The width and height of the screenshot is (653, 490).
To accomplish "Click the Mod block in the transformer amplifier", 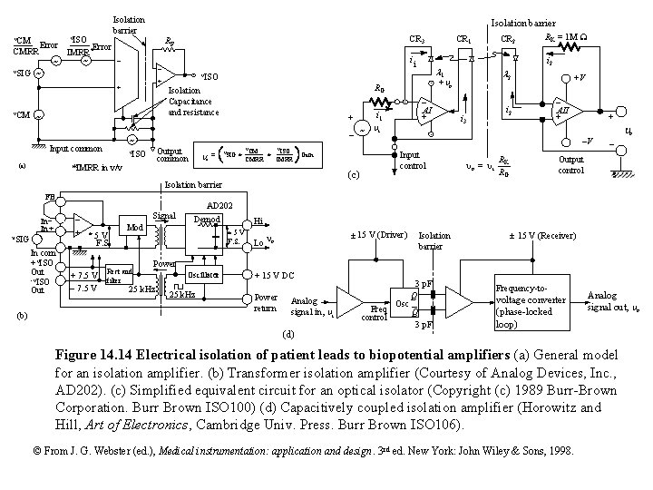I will point(133,227).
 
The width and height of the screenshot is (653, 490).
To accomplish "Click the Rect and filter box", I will point(120,275).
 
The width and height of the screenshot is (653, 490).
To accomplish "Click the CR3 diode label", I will point(417,39).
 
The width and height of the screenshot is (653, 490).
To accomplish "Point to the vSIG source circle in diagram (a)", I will point(38,73).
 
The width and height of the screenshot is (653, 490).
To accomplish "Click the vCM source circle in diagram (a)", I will point(38,115).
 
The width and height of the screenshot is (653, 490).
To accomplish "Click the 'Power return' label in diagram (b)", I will point(267,302).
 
